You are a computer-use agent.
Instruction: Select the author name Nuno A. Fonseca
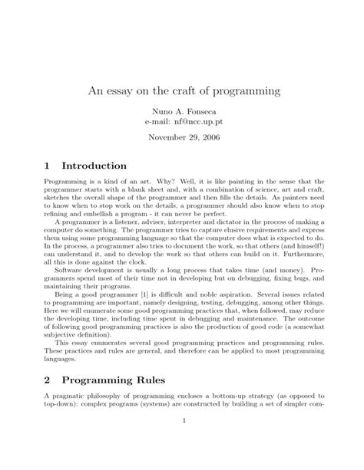(x=183, y=111)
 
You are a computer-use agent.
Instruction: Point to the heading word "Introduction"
(x=94, y=165)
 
